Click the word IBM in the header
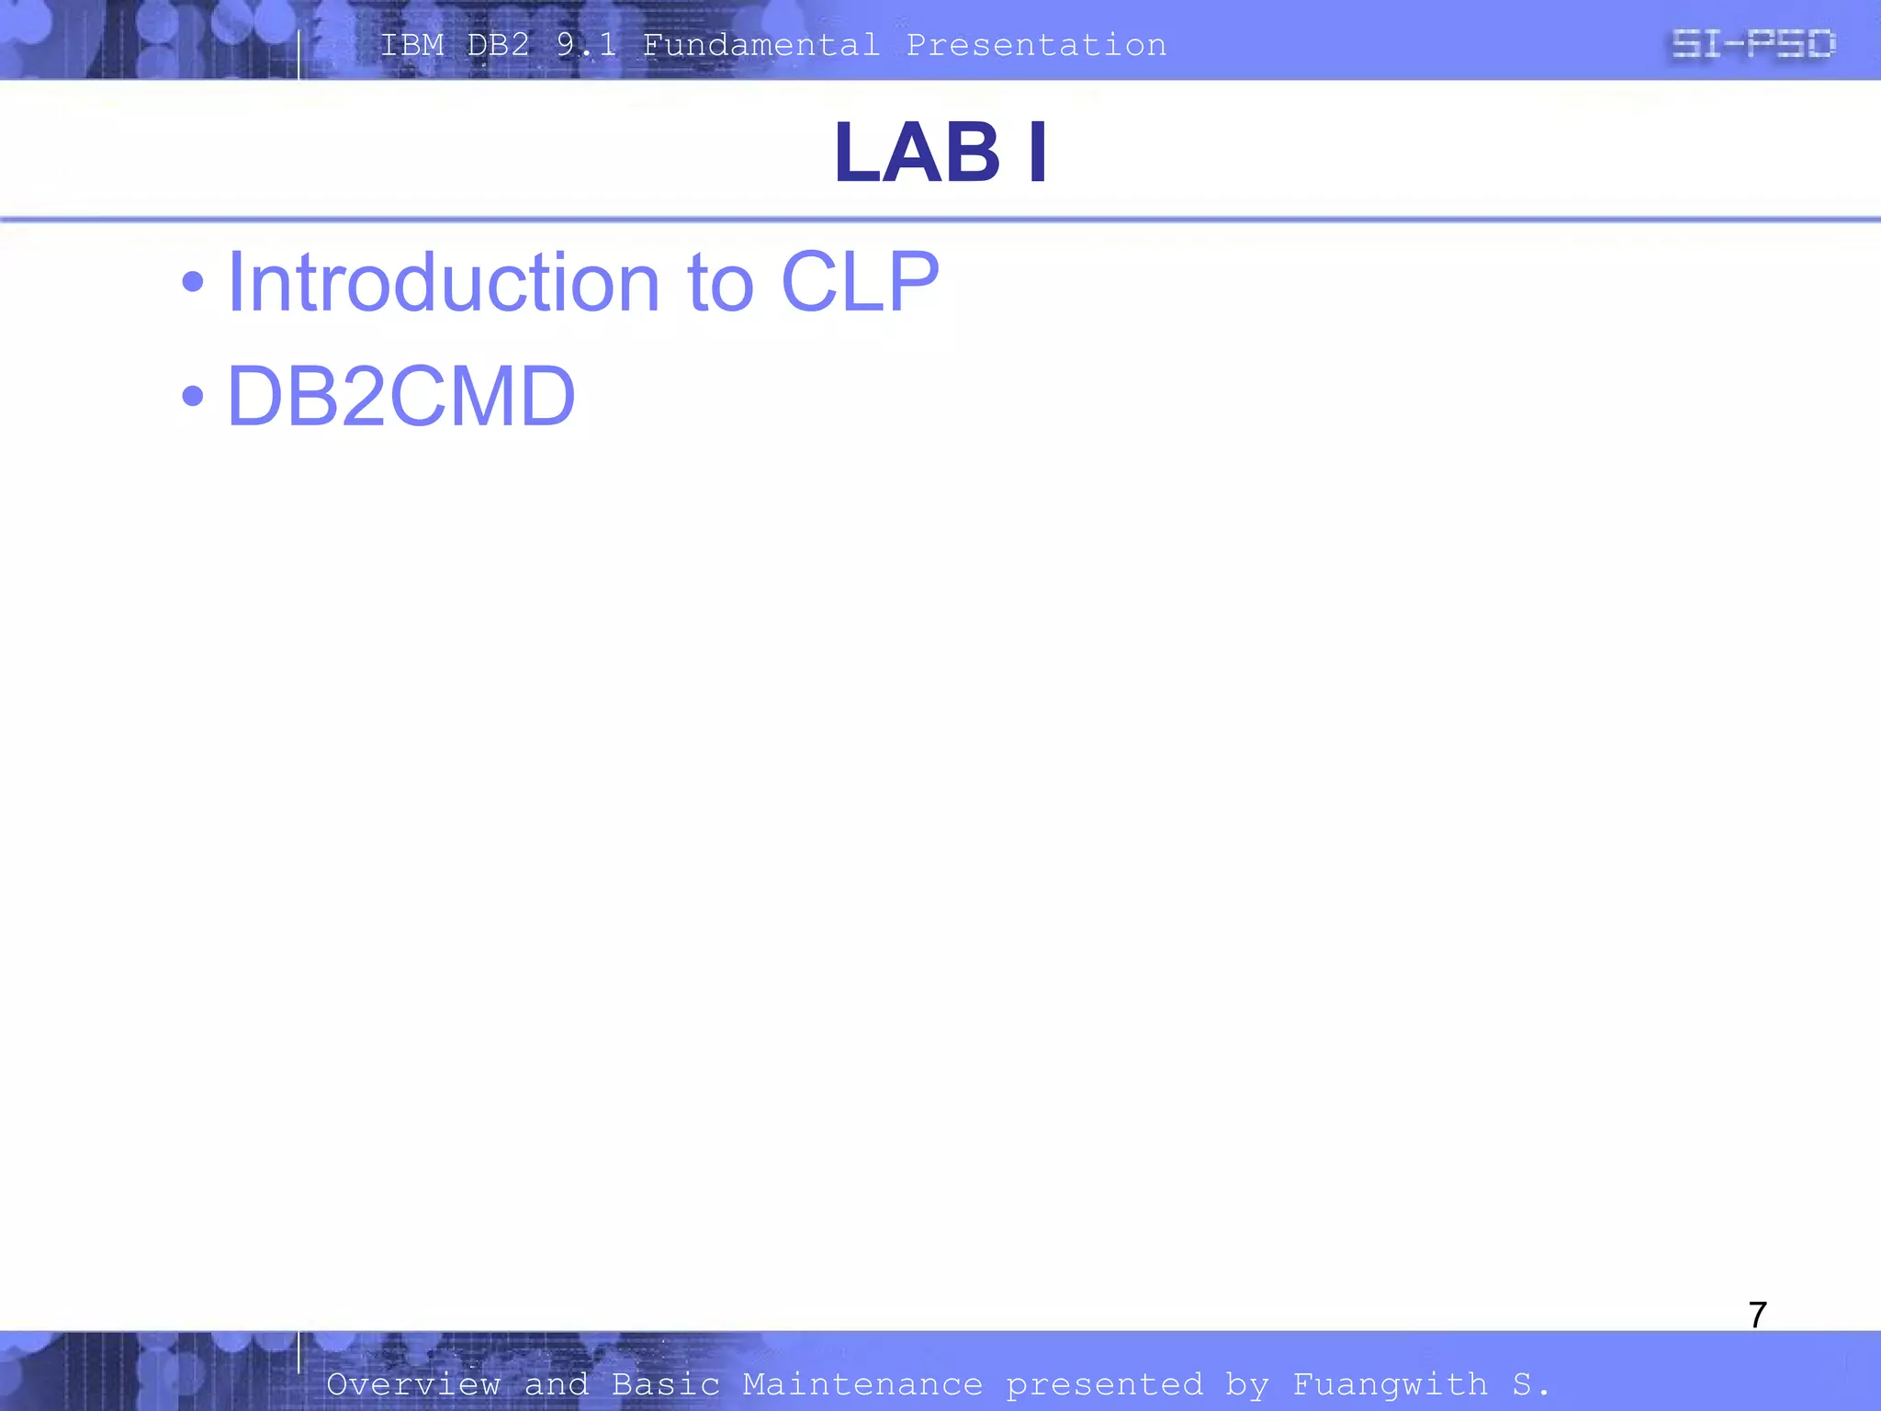point(411,45)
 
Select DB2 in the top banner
point(499,45)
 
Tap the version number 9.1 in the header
point(586,45)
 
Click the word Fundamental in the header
point(760,45)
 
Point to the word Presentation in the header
point(1036,45)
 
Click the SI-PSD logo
point(1752,44)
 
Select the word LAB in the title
point(917,152)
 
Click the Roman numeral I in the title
point(1038,152)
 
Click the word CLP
point(860,282)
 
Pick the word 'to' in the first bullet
point(720,284)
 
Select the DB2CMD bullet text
point(400,396)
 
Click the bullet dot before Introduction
point(193,282)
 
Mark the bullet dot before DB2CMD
point(193,396)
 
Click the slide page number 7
point(1757,1315)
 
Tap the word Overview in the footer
point(413,1384)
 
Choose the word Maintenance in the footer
point(862,1384)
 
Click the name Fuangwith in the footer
point(1390,1384)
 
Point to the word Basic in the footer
point(666,1384)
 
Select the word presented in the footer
point(1104,1384)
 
